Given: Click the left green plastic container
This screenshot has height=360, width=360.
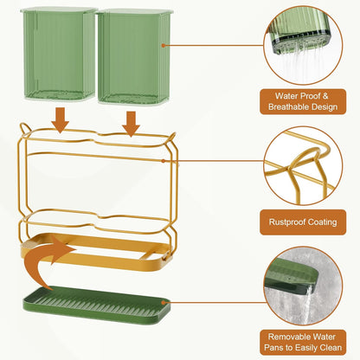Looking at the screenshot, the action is coord(59,55).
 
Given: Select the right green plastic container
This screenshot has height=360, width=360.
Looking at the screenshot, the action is coord(133,56).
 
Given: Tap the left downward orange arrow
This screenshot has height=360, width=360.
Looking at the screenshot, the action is coord(60,120).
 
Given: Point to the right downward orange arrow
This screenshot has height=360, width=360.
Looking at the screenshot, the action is coord(131,124).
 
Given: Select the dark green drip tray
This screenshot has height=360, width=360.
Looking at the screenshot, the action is coord(97,305).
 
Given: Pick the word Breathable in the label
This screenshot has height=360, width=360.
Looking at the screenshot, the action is coord(289,106).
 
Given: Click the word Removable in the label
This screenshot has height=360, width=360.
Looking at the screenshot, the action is coord(289,337).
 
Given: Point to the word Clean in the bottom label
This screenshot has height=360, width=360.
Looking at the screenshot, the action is coord(330,348).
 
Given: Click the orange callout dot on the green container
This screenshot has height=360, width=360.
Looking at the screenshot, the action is coord(164,46).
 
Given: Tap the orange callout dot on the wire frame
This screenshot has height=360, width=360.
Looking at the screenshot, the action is coord(164,161).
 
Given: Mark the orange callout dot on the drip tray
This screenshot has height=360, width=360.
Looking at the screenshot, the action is coord(164,303).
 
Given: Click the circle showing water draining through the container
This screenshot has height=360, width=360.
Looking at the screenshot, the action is coord(303,46).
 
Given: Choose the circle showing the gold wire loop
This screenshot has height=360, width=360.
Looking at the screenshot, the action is coord(303,166).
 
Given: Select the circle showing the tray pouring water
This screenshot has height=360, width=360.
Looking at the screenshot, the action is coord(303,286).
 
